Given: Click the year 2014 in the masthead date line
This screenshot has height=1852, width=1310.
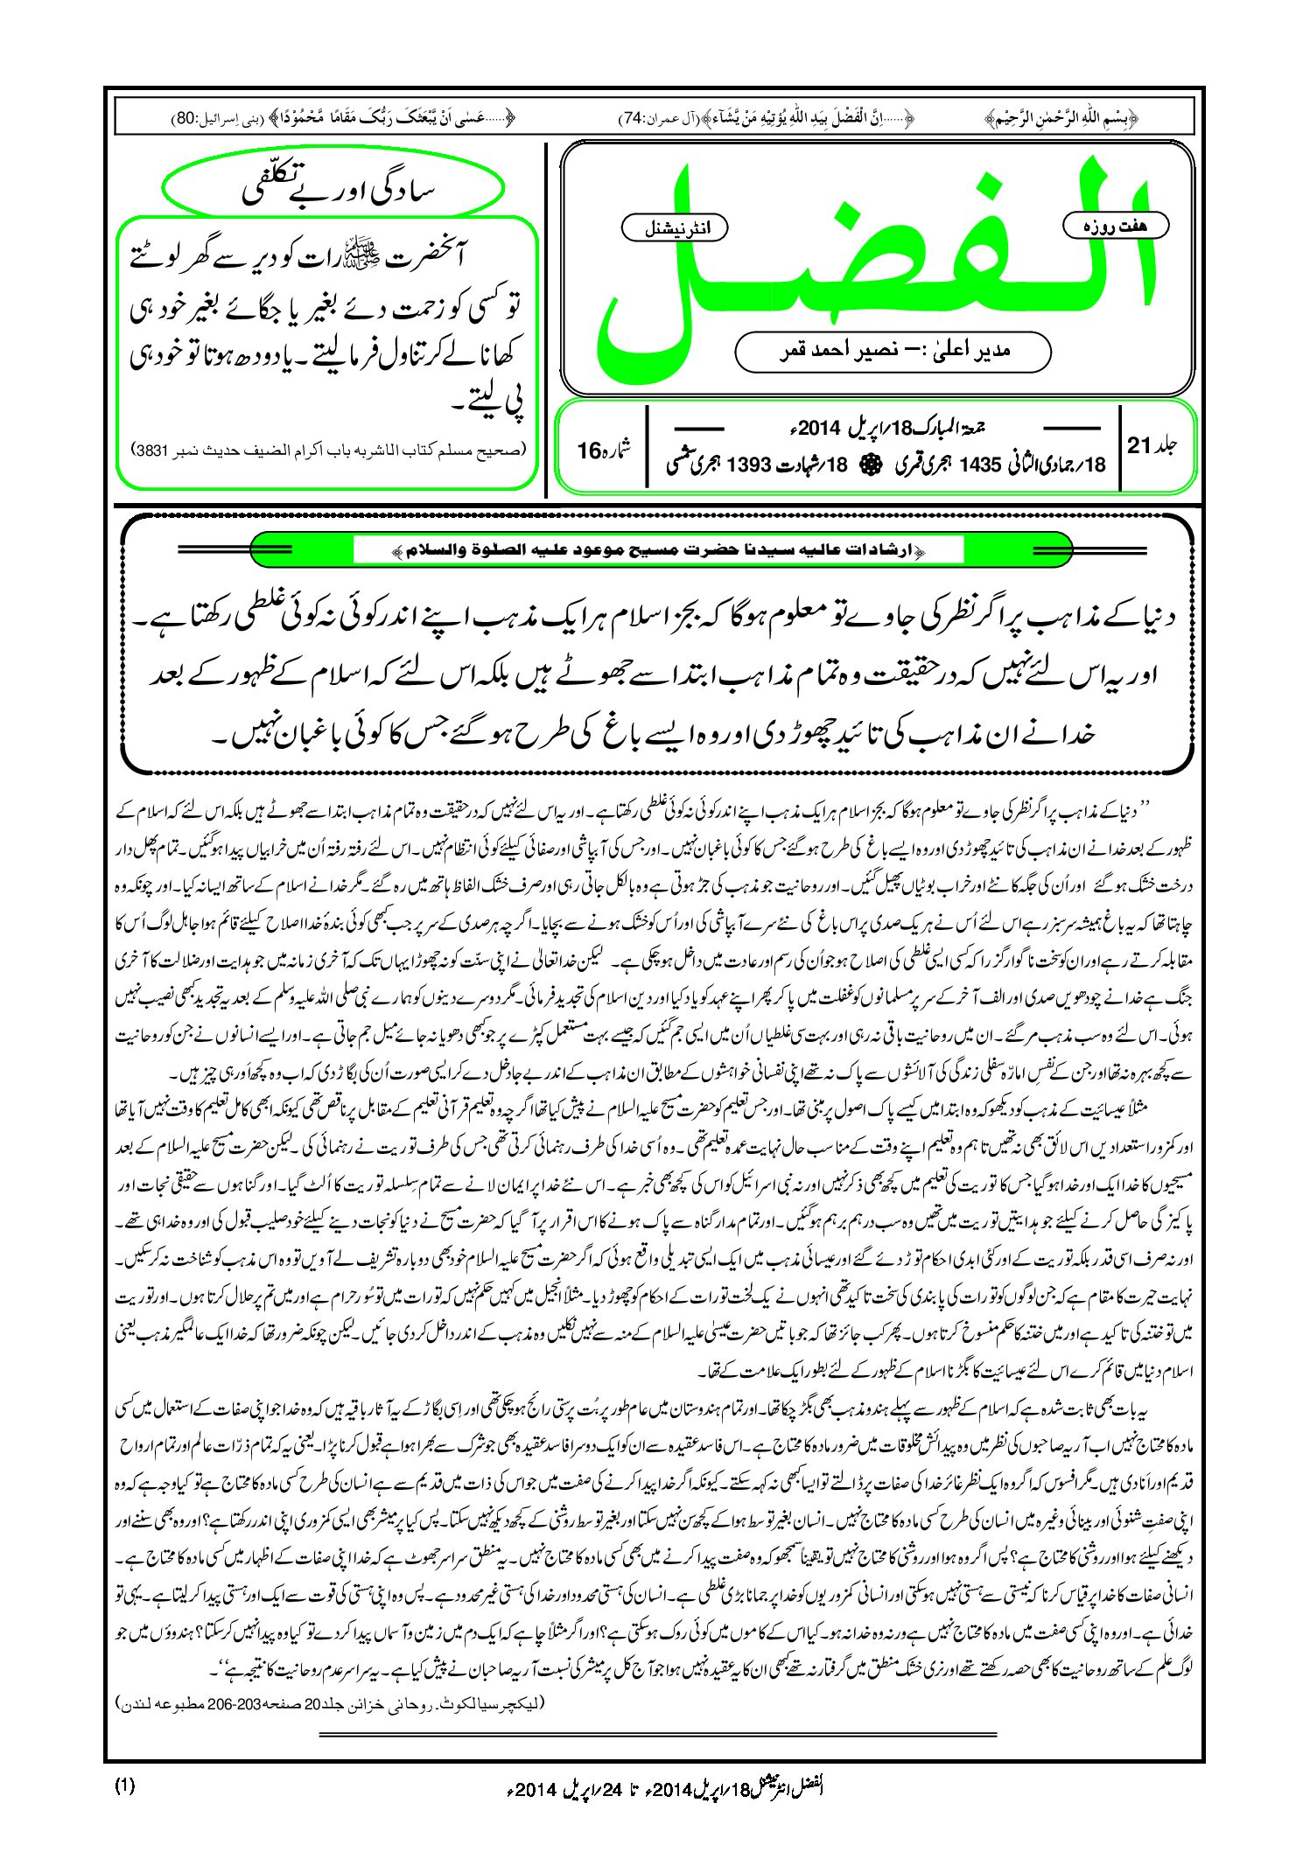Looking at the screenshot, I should pos(818,429).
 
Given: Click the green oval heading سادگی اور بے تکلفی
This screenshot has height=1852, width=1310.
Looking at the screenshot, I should pos(333,190).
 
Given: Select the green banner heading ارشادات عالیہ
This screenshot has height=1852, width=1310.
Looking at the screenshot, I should pos(657,550).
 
